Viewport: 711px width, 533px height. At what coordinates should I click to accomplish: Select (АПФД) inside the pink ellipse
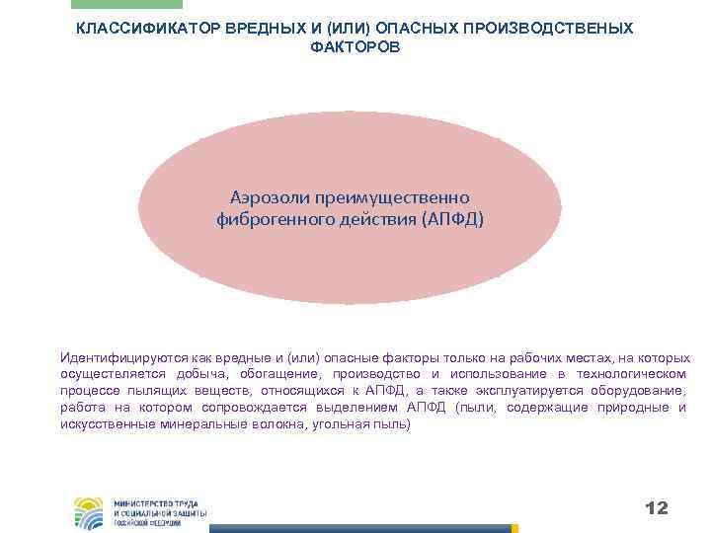click(452, 219)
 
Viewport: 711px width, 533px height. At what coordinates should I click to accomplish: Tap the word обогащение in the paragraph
click(276, 374)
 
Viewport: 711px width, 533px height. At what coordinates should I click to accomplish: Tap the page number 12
click(656, 508)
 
